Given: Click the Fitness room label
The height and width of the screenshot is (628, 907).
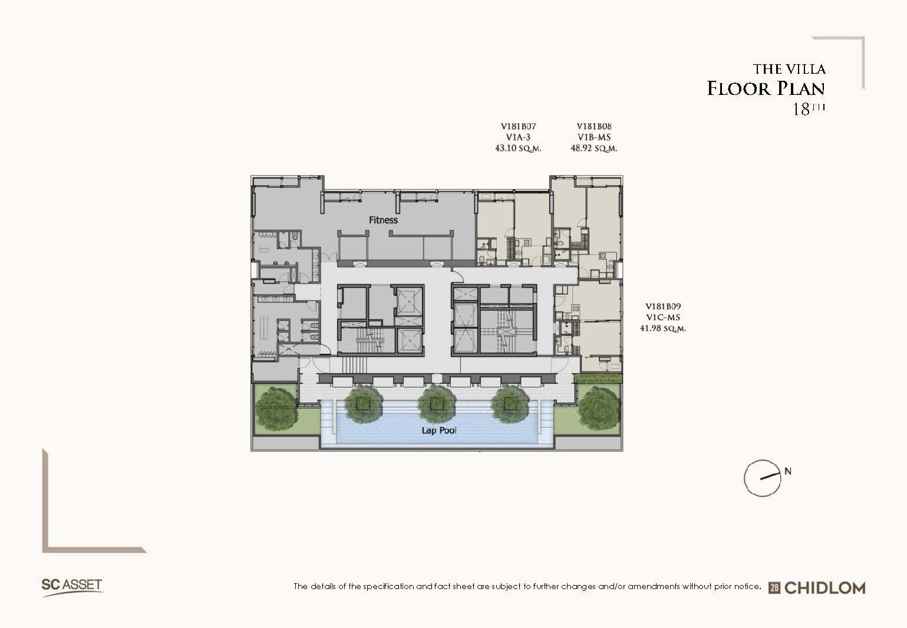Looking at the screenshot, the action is click(x=383, y=220).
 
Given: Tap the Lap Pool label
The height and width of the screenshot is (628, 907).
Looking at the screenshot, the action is click(x=439, y=430).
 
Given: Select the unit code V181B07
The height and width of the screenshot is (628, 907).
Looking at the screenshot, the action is click(x=518, y=126).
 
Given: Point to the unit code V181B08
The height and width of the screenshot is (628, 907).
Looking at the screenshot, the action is click(x=594, y=126).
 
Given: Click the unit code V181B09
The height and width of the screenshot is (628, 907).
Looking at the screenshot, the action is click(x=663, y=307).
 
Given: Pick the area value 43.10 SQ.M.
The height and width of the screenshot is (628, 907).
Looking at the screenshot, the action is click(x=518, y=148).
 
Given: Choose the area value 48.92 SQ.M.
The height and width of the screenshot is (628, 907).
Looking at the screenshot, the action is click(x=594, y=148).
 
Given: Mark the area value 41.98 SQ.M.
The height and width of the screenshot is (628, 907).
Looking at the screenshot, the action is click(x=663, y=328).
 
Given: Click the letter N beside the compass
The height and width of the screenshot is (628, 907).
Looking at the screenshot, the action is click(x=787, y=471).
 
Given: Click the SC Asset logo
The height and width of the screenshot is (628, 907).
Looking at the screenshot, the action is click(x=72, y=587).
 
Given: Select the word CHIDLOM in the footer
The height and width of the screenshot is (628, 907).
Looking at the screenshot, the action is click(x=824, y=588).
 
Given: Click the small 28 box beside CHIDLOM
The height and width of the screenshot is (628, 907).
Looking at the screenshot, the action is click(x=774, y=588).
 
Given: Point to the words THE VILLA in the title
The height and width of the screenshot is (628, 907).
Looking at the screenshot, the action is click(x=789, y=69).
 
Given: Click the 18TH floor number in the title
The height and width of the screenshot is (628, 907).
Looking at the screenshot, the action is click(x=808, y=108).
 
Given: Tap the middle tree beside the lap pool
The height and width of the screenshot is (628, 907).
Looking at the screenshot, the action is click(x=436, y=403).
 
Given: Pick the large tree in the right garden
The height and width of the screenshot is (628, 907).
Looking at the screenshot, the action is click(x=600, y=407).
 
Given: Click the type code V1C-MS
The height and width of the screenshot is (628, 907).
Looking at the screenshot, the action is click(x=663, y=318).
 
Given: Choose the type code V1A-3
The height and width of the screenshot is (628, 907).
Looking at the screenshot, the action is click(x=518, y=137).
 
